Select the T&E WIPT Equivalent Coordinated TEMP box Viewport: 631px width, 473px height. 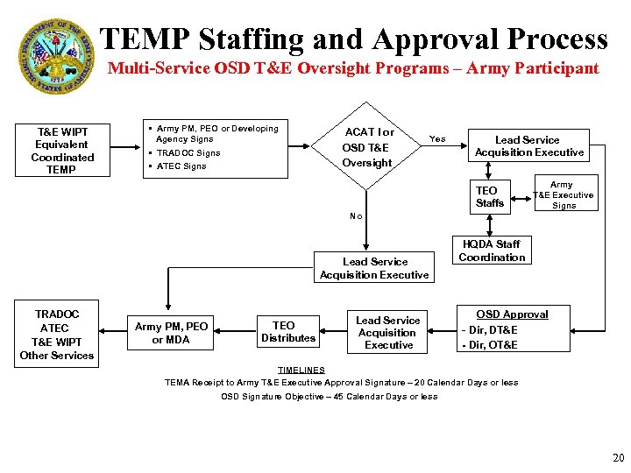click(62, 151)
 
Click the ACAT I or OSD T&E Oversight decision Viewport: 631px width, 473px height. click(368, 147)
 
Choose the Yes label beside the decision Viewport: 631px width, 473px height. click(436, 138)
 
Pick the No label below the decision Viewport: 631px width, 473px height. click(356, 215)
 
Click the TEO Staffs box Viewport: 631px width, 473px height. click(489, 196)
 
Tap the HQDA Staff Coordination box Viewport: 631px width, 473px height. click(492, 251)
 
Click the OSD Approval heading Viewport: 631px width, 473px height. click(512, 314)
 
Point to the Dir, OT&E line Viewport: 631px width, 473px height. click(491, 344)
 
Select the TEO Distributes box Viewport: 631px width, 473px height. click(287, 332)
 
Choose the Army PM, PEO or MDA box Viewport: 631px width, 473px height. click(171, 333)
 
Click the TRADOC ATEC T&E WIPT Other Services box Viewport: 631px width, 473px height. click(57, 335)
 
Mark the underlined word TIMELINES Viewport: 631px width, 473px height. click(301, 370)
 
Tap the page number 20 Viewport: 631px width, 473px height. click(617, 457)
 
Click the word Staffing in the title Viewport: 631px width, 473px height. click(253, 39)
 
